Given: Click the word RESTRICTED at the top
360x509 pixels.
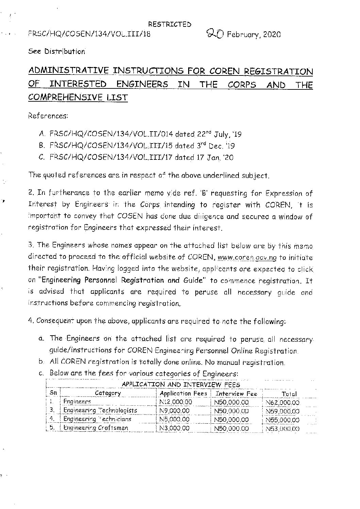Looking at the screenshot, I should pos(169,24).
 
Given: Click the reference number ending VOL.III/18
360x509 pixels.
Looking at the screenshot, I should pos(89,34).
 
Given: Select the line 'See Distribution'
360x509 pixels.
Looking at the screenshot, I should pos(57,52).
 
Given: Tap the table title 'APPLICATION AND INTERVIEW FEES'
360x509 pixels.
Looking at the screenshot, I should pos(181,385).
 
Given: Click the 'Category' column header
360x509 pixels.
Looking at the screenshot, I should pos(108,393).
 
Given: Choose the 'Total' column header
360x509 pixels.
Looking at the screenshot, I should pos(289,394).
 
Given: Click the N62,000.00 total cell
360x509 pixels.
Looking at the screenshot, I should pos(282,403).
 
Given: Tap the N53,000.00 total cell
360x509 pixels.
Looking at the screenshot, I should pos(282,429).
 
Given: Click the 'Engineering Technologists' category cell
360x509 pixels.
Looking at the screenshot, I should pos(100,411).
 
